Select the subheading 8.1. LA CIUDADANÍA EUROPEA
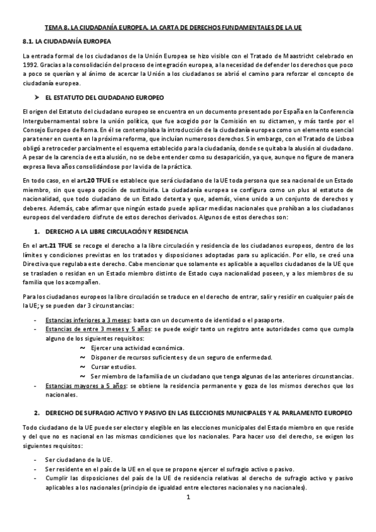pos(66,42)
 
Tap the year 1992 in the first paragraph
pos(30,64)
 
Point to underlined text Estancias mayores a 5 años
pos(83,386)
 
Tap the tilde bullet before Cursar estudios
pos(83,366)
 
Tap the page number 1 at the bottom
pos(188,497)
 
